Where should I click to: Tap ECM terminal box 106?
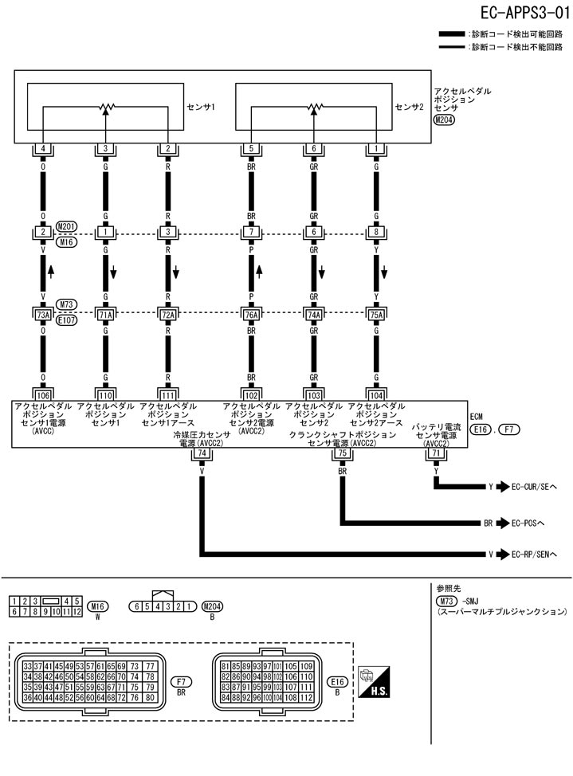[x=42, y=393]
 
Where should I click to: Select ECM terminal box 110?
[x=105, y=393]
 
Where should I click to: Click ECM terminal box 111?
[x=167, y=393]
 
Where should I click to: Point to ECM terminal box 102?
[x=251, y=393]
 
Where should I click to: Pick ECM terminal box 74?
[x=202, y=453]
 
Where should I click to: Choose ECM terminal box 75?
[x=343, y=453]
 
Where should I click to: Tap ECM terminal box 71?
[x=436, y=453]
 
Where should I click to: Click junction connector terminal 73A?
[x=42, y=315]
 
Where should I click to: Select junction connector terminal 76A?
[x=251, y=315]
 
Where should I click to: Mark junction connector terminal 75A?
[x=376, y=315]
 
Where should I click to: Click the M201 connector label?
[x=66, y=225]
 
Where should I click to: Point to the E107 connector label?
[x=66, y=320]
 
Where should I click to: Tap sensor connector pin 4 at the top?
[x=42, y=149]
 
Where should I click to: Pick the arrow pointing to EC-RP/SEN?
[x=502, y=553]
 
